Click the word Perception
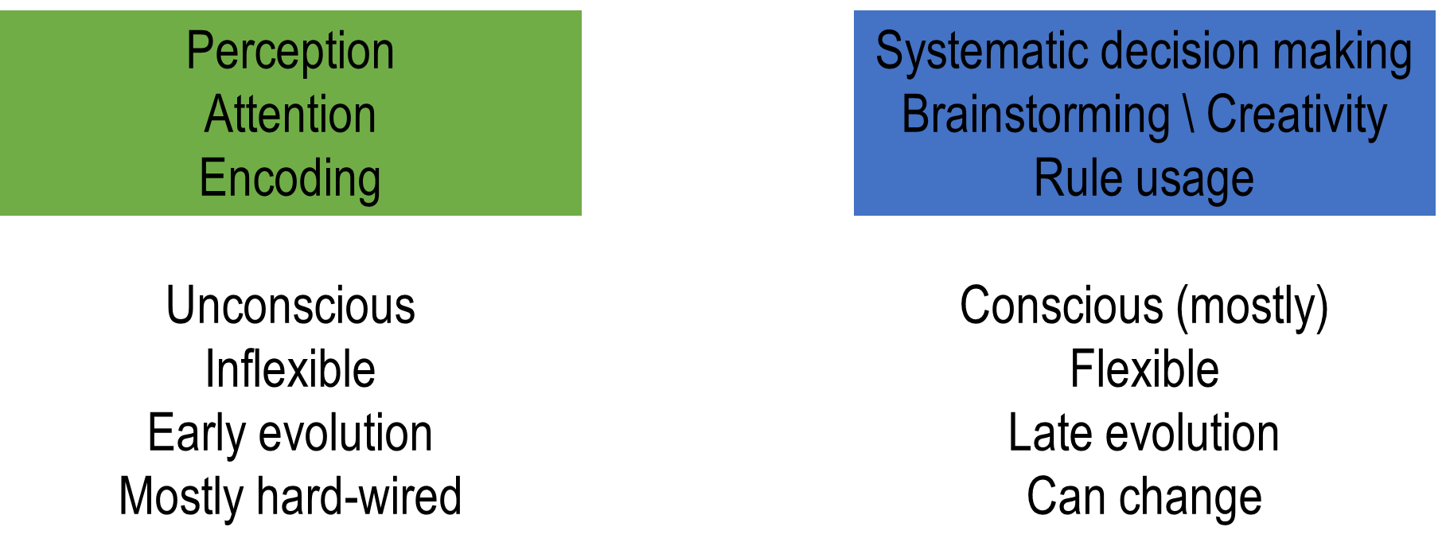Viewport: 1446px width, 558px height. (290, 52)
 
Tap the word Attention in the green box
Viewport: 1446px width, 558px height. (290, 115)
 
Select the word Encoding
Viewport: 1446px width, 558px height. (290, 178)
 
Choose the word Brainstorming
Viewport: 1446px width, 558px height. (1035, 115)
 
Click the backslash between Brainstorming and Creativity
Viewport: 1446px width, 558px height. (1189, 115)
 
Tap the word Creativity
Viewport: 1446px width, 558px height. (1296, 115)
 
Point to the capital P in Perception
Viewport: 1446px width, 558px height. (197, 51)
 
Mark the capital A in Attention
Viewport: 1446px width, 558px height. (218, 115)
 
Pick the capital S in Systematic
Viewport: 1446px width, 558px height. (888, 51)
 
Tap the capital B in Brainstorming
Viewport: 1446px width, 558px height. (914, 115)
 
